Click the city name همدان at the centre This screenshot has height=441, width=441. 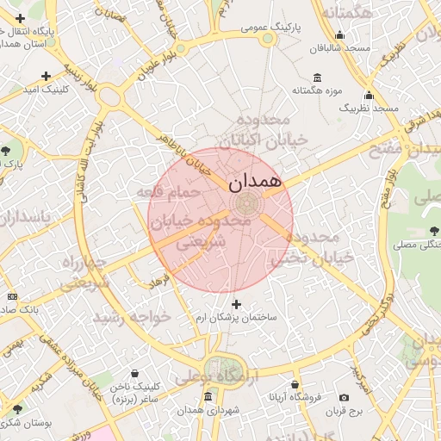click(x=256, y=182)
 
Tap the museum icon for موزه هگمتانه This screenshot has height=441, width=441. click(x=318, y=78)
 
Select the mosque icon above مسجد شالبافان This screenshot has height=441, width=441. click(x=340, y=35)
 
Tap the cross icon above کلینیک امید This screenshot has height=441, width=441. click(x=46, y=76)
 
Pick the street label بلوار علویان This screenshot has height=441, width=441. click(x=158, y=65)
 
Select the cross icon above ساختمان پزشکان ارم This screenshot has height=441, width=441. click(x=237, y=304)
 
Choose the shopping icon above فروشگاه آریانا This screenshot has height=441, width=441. click(x=295, y=384)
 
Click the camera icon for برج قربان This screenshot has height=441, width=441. click(x=345, y=397)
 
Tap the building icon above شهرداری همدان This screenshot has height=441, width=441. click(x=208, y=397)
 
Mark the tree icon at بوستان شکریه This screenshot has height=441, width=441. click(x=16, y=409)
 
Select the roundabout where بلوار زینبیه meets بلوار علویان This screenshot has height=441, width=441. click(x=110, y=96)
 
